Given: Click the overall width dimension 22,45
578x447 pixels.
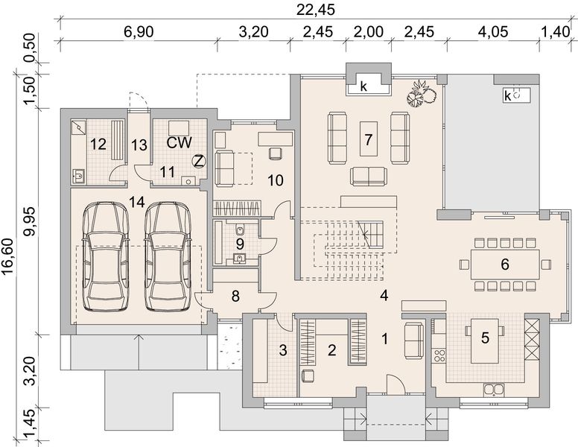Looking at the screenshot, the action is point(316,9).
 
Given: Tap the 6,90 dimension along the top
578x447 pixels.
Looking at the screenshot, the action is point(139,32).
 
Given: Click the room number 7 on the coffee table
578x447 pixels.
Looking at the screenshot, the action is point(368,140).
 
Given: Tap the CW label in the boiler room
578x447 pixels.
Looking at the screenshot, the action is point(180,143).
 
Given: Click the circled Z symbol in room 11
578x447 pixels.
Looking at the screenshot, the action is point(199,162).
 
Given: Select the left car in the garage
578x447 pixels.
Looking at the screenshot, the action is point(107,257).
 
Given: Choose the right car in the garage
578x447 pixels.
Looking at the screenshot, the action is point(168,257).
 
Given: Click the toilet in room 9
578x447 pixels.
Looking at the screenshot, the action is point(241,230).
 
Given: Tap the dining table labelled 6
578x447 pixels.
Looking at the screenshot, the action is point(505,264).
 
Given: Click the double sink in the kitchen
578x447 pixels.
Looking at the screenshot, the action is point(494,390).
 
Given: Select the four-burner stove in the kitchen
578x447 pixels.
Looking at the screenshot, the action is point(439,356).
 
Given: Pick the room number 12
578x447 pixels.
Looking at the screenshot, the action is point(98,144).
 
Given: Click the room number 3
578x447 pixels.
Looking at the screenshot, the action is point(283,350).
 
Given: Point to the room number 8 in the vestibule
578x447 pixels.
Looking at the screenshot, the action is point(236,297).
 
